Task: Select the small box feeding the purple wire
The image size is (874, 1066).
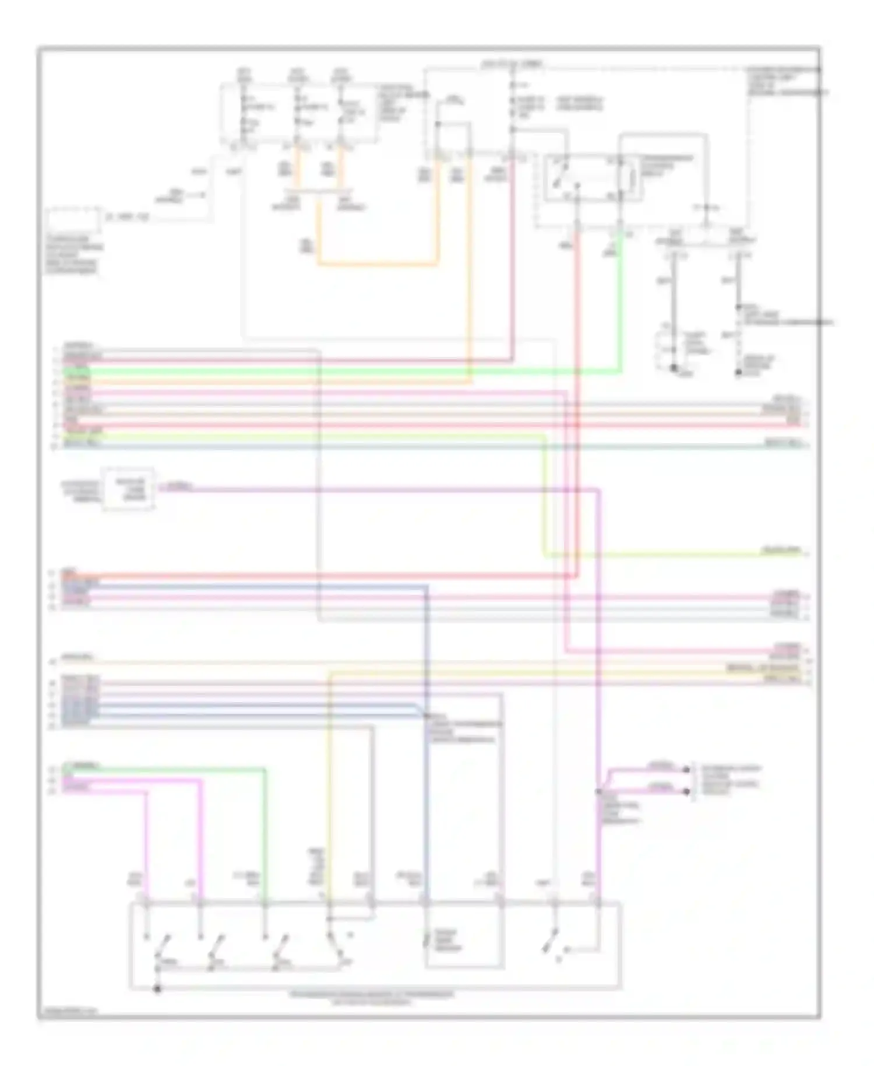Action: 129,489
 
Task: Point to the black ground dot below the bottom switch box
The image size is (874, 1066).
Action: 156,990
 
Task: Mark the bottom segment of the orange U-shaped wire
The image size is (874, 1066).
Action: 378,264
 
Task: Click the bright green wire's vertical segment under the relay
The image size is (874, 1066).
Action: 620,303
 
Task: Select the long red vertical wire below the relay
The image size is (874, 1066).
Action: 577,408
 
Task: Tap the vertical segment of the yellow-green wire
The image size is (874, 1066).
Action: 545,496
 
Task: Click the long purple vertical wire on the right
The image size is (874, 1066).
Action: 598,641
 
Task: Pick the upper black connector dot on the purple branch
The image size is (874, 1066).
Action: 688,770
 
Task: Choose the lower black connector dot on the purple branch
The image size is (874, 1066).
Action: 688,791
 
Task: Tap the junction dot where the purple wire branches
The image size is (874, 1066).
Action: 598,791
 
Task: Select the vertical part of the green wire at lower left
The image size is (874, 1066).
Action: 265,834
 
